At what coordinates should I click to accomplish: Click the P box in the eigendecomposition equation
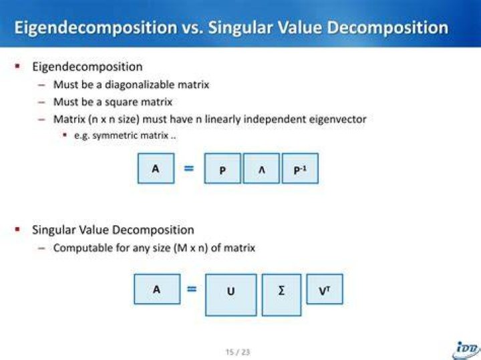click(x=222, y=168)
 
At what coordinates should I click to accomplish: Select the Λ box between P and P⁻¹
click(x=261, y=168)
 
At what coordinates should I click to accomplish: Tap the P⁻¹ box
click(x=300, y=168)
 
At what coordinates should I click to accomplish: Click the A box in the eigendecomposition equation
click(x=156, y=168)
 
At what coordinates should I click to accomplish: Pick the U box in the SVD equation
click(x=231, y=295)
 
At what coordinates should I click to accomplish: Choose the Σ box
click(x=282, y=295)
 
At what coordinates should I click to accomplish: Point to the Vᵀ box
click(x=325, y=289)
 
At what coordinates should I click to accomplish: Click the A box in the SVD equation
click(x=158, y=289)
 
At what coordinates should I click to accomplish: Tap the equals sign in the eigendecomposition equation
click(x=188, y=168)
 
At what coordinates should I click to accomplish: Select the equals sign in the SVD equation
click(x=192, y=289)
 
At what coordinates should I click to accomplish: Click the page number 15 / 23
click(x=238, y=352)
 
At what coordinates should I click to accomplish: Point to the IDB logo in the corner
click(x=466, y=350)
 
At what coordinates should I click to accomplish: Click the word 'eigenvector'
click(x=337, y=119)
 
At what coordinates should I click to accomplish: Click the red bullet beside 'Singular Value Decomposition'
click(x=17, y=229)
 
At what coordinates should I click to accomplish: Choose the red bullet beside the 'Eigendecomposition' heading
click(x=17, y=66)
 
